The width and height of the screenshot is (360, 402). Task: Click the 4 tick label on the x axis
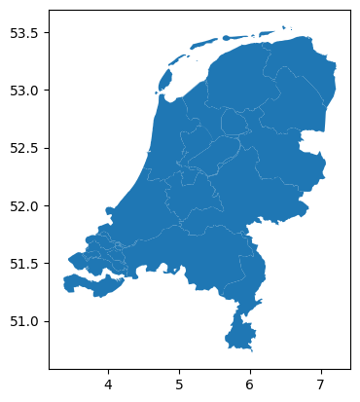click(x=109, y=384)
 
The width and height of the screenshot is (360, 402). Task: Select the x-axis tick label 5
click(x=180, y=384)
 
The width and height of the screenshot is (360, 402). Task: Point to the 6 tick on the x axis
click(x=250, y=384)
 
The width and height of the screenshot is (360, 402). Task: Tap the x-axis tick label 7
click(x=321, y=384)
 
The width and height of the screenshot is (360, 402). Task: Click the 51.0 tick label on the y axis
click(x=23, y=321)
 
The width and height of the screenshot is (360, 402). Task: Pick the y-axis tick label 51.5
click(x=23, y=264)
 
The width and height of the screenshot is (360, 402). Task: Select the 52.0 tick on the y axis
click(x=23, y=206)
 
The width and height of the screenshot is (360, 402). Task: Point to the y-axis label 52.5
click(x=23, y=149)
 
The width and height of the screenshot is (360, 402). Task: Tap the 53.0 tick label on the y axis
click(x=23, y=91)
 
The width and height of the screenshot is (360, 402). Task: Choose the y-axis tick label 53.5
click(x=23, y=33)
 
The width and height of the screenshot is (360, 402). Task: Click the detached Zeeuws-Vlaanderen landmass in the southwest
click(x=92, y=284)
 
